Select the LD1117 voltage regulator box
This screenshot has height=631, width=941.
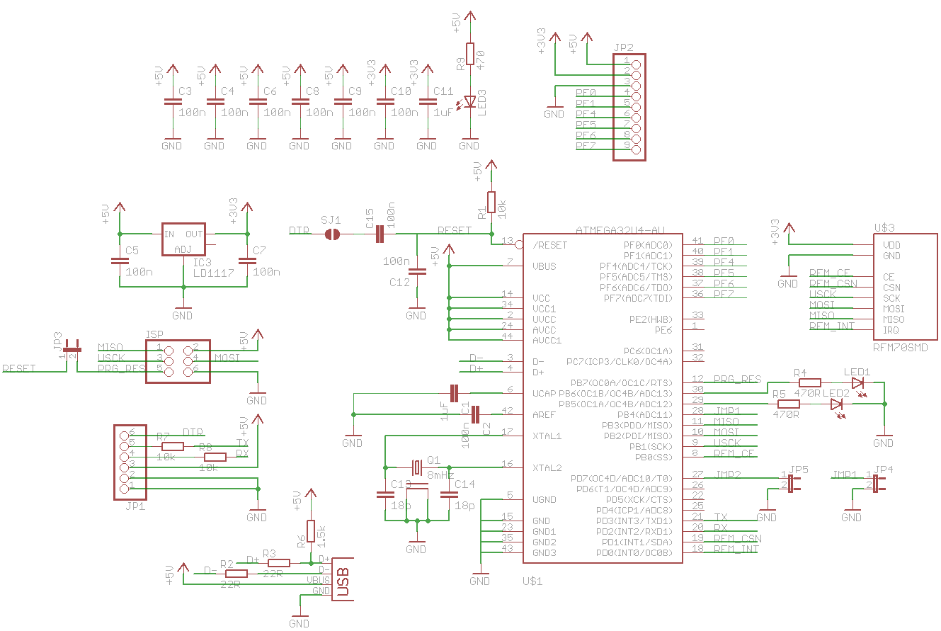(x=183, y=240)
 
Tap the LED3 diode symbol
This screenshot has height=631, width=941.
(x=469, y=102)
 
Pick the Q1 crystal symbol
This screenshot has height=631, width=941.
(x=416, y=467)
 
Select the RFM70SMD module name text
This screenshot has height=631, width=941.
(x=900, y=347)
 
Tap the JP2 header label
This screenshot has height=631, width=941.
(x=624, y=47)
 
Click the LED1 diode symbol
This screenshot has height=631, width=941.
(x=858, y=382)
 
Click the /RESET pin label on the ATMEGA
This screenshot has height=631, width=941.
(x=550, y=245)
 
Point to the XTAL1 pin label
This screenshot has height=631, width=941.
(x=547, y=436)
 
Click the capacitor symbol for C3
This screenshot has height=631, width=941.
(x=171, y=102)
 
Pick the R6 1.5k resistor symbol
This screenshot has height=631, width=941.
(x=310, y=531)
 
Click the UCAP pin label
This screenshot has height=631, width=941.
(x=544, y=393)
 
